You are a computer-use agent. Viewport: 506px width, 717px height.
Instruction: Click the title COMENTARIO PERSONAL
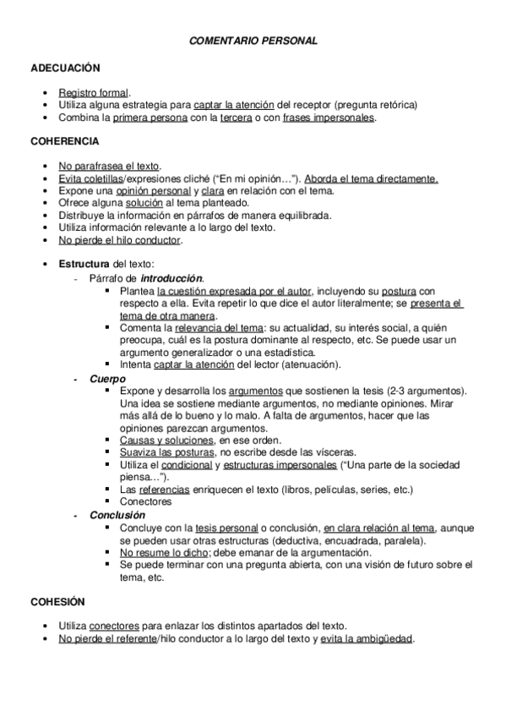tap(253, 40)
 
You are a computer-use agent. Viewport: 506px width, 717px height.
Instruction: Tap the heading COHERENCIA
tap(64, 141)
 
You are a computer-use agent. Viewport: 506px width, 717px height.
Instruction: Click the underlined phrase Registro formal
tap(94, 92)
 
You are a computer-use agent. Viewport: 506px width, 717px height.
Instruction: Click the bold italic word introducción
tap(171, 277)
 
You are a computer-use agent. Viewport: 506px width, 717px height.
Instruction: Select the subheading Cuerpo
tap(107, 379)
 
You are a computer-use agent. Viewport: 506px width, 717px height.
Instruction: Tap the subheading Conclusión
tap(117, 515)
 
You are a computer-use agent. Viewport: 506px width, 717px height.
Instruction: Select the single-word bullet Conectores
tap(146, 501)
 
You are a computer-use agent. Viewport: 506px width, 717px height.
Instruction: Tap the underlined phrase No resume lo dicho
tap(164, 551)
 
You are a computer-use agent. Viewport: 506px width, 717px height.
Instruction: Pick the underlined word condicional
tap(187, 465)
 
